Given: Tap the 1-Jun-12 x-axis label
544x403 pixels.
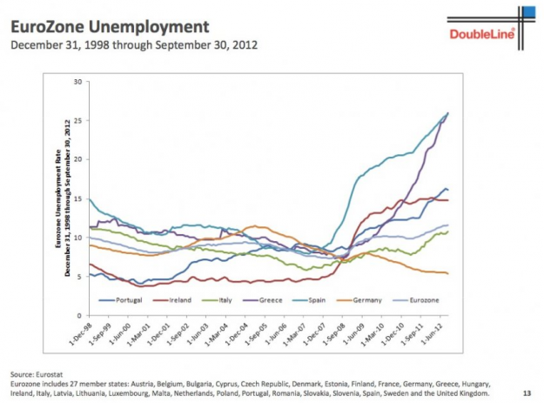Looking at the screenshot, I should point(439,334).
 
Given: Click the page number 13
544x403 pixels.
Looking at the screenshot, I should point(527,392).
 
